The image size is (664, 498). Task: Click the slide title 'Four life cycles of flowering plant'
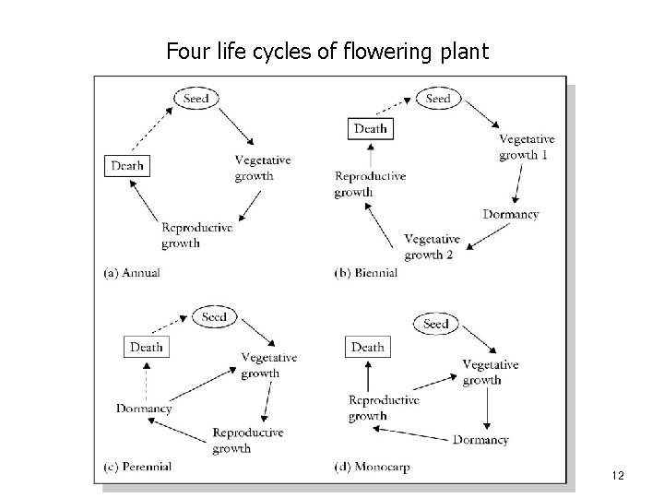tap(326, 51)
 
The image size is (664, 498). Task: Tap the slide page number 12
tap(618, 476)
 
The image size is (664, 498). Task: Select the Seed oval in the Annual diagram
tap(196, 99)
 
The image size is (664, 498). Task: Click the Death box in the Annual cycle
tap(127, 166)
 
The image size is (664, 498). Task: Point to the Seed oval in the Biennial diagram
tap(439, 99)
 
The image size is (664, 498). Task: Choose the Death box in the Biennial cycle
tap(370, 128)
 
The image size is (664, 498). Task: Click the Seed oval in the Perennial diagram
tap(214, 317)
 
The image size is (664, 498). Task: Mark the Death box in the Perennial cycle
tap(146, 347)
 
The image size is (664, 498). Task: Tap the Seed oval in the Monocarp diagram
tap(436, 324)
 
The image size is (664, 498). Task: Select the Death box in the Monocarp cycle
tap(367, 347)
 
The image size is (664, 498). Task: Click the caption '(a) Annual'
tap(133, 272)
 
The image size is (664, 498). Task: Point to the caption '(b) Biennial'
tap(366, 272)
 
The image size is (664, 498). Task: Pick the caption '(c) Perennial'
tap(138, 467)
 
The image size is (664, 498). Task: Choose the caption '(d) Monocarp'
tap(372, 467)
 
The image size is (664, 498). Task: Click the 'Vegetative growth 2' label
tap(432, 247)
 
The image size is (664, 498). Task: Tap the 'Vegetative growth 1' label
tap(527, 147)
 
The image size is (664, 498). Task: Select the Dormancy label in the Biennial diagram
tap(511, 214)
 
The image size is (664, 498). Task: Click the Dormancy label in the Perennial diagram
tap(144, 409)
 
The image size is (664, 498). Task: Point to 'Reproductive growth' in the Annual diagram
tap(196, 235)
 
